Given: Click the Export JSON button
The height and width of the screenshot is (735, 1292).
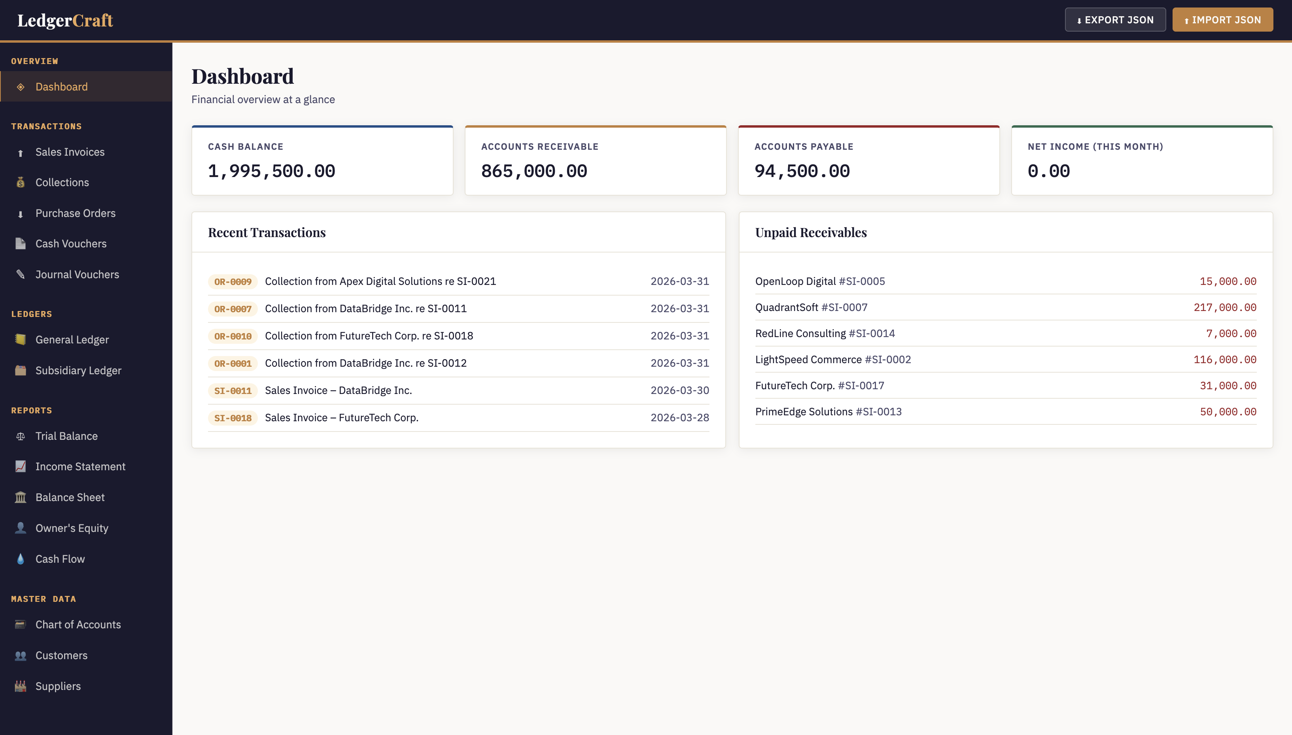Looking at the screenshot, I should tap(1115, 20).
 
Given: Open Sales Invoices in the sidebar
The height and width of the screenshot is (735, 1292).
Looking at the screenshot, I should tap(70, 152).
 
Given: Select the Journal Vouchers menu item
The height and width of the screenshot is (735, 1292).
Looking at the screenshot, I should tap(77, 275).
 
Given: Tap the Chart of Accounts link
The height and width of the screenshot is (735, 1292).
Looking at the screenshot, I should tap(78, 624).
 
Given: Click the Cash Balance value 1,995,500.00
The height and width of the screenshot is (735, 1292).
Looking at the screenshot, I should tap(271, 171).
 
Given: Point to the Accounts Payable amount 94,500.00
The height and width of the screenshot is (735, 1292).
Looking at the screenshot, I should tap(802, 171).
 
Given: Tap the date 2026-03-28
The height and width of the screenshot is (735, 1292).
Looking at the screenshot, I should tap(679, 417).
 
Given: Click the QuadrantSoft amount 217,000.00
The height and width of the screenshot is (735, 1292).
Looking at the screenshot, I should tap(1224, 307).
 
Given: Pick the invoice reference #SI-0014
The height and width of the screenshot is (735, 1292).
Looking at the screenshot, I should tap(871, 334).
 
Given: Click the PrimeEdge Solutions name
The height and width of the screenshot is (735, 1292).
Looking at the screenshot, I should tap(804, 412).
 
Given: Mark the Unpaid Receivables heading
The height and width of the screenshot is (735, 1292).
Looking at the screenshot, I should tap(811, 232).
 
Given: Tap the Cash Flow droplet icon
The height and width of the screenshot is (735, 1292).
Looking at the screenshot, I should tap(20, 559).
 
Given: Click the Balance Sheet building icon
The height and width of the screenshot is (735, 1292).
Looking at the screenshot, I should tap(20, 497).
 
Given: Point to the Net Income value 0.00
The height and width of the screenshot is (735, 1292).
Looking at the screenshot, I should tap(1048, 171).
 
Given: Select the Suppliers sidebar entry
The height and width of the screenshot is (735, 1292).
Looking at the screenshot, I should tap(58, 686).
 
